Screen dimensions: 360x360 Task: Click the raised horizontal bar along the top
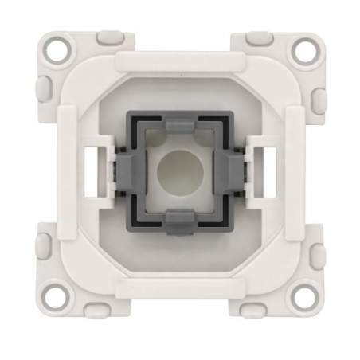tap(180, 58)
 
